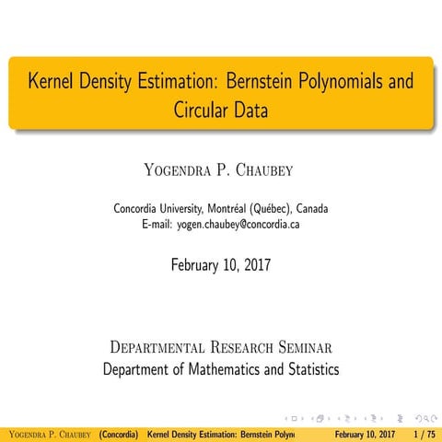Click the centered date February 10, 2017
221,265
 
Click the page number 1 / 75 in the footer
425,433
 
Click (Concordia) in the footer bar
119,433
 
